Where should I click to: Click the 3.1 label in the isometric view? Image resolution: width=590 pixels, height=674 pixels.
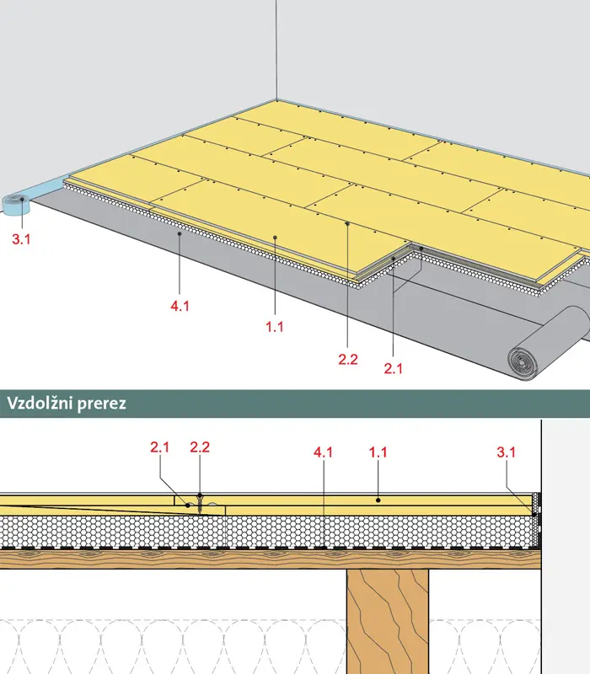(x=21, y=239)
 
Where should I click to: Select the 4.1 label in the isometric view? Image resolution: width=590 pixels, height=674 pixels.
(x=180, y=306)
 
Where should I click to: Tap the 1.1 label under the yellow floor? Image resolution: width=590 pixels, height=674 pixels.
(x=275, y=327)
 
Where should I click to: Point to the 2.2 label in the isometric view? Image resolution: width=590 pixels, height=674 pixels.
(x=348, y=360)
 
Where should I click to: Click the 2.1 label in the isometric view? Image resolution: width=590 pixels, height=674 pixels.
(x=393, y=368)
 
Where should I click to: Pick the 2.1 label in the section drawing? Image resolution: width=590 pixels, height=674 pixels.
(x=159, y=447)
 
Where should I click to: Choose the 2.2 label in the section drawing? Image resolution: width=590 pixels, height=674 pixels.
(x=200, y=447)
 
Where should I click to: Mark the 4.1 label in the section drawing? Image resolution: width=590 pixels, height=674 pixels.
(x=323, y=452)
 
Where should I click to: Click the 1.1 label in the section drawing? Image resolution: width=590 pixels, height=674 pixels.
(x=378, y=452)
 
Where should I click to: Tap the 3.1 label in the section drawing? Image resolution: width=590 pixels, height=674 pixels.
(x=507, y=452)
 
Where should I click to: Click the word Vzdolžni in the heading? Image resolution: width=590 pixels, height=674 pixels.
(x=36, y=404)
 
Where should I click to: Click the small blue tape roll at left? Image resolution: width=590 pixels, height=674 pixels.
(x=16, y=204)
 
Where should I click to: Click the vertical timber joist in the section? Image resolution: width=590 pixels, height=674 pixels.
(x=388, y=622)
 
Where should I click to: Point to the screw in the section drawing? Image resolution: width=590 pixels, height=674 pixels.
(x=200, y=503)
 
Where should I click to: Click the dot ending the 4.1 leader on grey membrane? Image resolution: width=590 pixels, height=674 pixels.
(x=180, y=233)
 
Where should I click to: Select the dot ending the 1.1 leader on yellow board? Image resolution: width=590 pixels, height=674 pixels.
(x=275, y=237)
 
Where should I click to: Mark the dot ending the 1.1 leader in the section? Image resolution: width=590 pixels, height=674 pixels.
(x=378, y=500)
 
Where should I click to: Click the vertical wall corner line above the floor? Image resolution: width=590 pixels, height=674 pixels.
(x=276, y=50)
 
